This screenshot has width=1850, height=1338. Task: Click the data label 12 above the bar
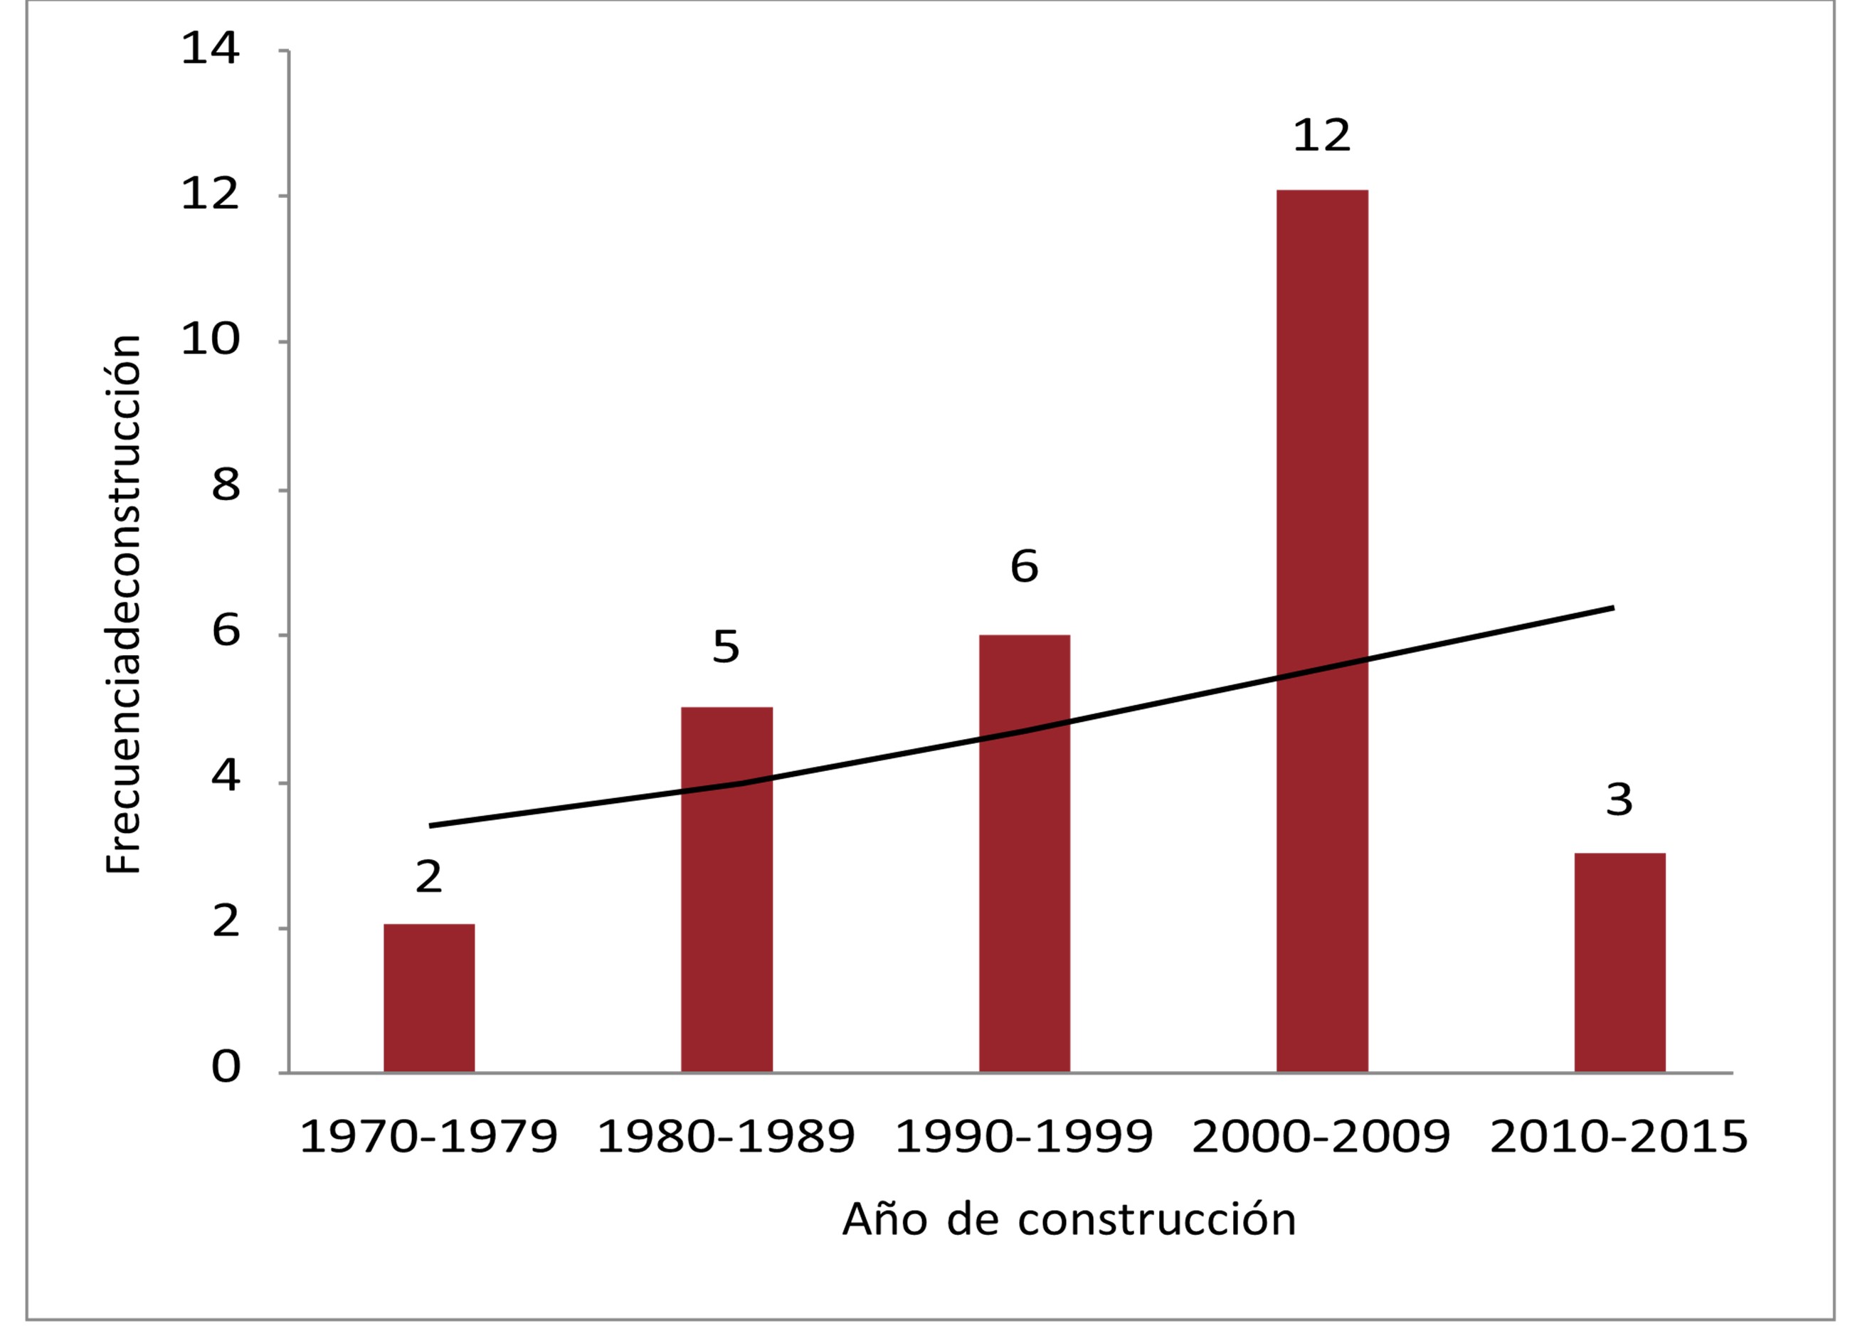click(1322, 135)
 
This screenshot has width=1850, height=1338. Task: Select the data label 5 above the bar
click(726, 647)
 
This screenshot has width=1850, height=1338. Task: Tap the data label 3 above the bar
click(1619, 800)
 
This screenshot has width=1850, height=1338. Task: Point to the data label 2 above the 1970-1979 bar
click(429, 877)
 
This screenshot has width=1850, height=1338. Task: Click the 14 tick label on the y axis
click(211, 48)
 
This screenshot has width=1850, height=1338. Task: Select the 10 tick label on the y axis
click(211, 339)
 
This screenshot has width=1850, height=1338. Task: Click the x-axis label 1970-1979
click(429, 1137)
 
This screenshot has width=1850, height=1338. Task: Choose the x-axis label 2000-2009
click(1321, 1137)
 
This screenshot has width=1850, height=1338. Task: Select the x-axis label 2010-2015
click(1619, 1137)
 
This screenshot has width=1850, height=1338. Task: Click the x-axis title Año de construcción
click(1069, 1220)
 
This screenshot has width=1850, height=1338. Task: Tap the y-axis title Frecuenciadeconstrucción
click(124, 604)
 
